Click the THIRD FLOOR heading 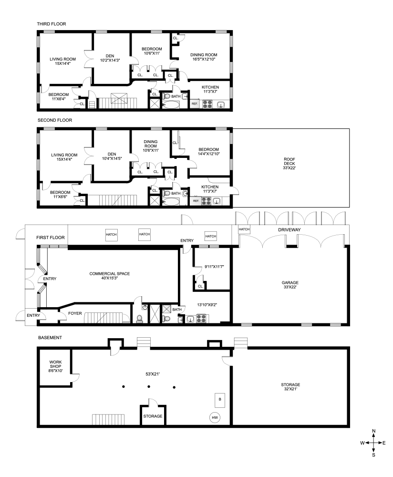52,24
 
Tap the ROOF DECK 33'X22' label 290,163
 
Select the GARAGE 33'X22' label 290,285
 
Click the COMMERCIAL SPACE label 110,274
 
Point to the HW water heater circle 215,418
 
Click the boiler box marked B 219,399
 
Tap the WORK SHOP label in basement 55,364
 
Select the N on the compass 374,431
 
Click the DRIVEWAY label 290,230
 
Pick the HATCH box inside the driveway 244,229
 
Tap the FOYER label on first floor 75,313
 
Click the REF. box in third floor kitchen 195,104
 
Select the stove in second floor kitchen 206,201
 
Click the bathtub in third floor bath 170,105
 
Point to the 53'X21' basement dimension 153,374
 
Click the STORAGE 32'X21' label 290,387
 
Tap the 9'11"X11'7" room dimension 214,267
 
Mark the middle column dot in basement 149,387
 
